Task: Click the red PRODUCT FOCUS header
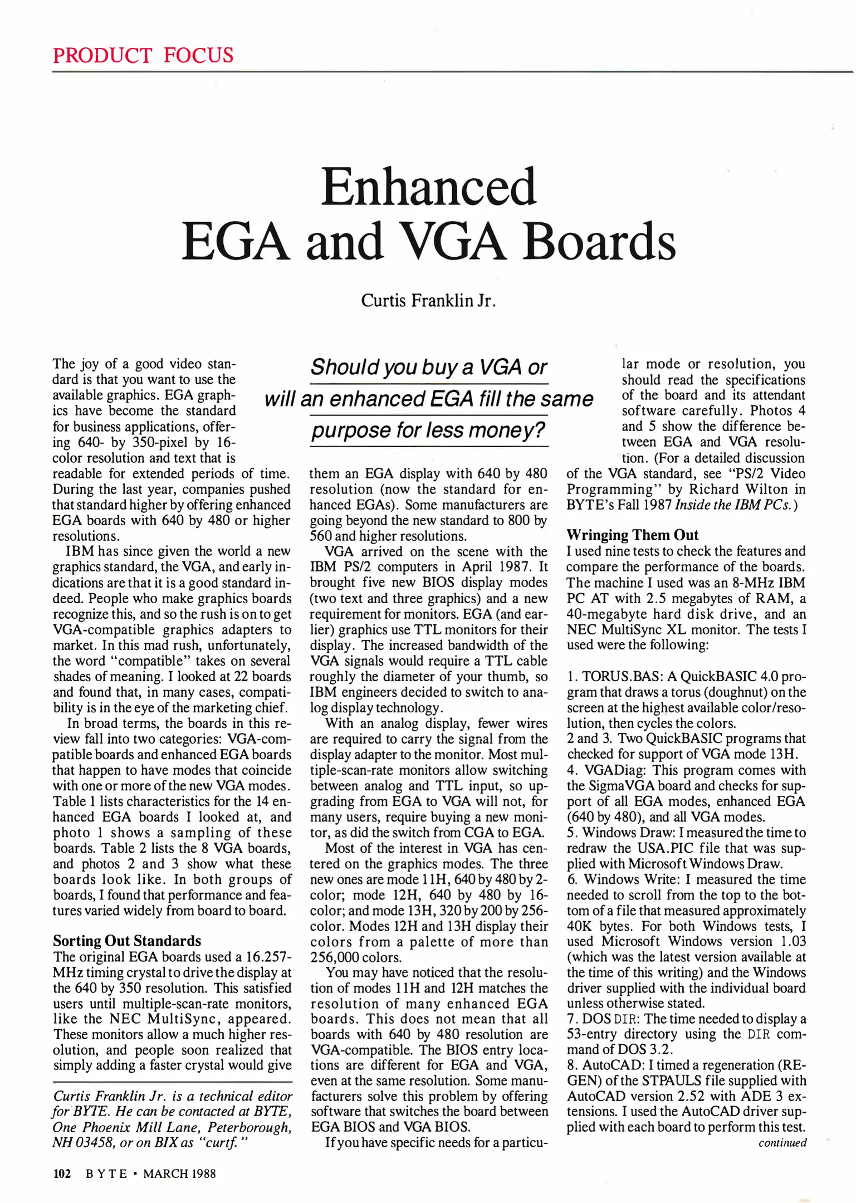point(143,55)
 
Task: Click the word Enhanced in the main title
point(428,187)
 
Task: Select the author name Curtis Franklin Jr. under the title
point(428,301)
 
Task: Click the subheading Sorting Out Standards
point(127,941)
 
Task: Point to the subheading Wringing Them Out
point(632,535)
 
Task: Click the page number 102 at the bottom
point(62,1173)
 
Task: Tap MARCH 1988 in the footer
point(179,1173)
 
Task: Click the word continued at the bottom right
point(782,1143)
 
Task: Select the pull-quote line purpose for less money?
point(429,431)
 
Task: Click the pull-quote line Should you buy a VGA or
point(429,368)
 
